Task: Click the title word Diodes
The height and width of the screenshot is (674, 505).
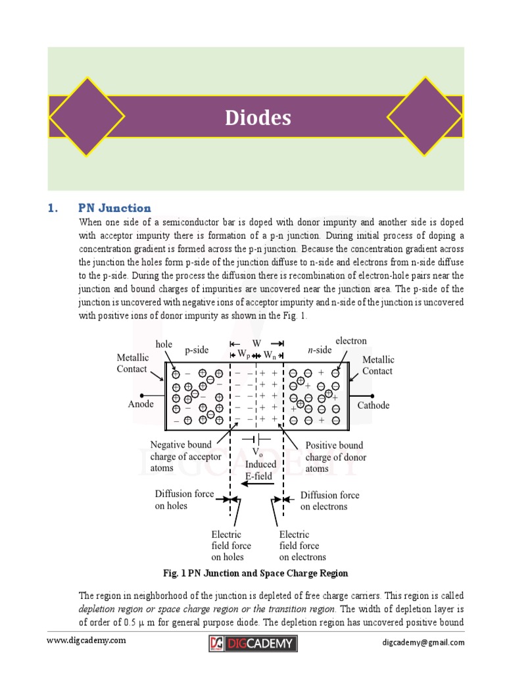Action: [x=258, y=118]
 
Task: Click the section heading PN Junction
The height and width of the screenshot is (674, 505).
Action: [x=114, y=208]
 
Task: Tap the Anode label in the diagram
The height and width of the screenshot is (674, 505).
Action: [x=141, y=404]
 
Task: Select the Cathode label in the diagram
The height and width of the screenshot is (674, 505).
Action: [x=373, y=405]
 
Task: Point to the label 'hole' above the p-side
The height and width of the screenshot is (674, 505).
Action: [x=164, y=344]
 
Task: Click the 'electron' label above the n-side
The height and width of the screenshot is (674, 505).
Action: [x=351, y=341]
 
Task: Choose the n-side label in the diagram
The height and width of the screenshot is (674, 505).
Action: [x=320, y=350]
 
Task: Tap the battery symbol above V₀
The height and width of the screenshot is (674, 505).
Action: [x=257, y=439]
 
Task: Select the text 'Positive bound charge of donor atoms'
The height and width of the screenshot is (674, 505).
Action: [x=335, y=457]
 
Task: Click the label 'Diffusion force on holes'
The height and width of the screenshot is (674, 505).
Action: [x=184, y=500]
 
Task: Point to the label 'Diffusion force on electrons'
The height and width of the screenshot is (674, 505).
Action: [x=330, y=500]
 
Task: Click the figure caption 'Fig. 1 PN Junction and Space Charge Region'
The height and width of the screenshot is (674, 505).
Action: [x=256, y=573]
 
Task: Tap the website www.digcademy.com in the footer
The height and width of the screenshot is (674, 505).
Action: [x=85, y=640]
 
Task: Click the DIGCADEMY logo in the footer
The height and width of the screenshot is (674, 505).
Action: [x=252, y=643]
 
